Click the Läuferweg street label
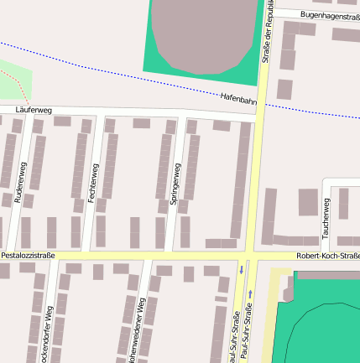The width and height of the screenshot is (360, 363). [x=34, y=110]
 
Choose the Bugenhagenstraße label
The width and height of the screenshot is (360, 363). [x=330, y=16]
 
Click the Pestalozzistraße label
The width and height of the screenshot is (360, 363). [x=28, y=254]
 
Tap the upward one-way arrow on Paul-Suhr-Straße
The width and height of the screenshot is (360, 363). [x=250, y=294]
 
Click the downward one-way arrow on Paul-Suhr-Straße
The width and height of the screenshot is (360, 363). [x=242, y=269]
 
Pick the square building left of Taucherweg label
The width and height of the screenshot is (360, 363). [x=308, y=202]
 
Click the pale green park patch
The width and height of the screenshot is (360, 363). [x=13, y=81]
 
